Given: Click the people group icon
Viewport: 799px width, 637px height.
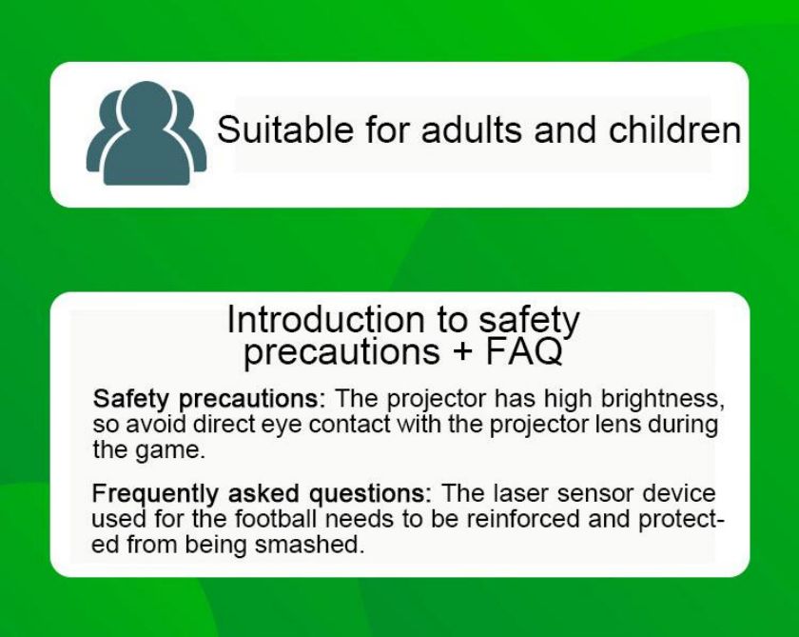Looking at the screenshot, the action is tap(146, 133).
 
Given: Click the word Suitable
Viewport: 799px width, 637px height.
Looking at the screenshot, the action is tap(284, 129).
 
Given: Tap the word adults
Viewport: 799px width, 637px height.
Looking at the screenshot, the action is tap(472, 129).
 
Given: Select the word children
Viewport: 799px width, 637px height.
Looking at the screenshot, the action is tap(674, 129).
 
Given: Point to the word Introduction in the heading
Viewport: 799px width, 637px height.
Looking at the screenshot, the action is tap(325, 320).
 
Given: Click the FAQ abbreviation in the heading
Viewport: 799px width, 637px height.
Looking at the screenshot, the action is tap(523, 351).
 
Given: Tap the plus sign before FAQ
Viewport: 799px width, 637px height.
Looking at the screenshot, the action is tap(462, 352).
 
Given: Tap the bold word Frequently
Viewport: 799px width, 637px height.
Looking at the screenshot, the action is tap(155, 493).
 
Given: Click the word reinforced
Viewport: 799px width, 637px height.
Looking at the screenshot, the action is tap(523, 519).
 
